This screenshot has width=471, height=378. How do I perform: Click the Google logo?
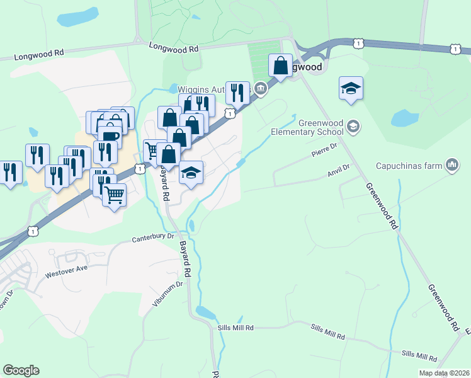21,370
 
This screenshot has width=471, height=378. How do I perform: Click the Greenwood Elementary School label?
307,128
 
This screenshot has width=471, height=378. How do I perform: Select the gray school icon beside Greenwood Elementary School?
354,127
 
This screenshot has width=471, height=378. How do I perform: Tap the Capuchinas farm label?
409,166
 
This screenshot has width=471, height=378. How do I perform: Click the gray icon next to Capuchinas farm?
451,166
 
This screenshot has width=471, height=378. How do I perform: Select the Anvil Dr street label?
338,169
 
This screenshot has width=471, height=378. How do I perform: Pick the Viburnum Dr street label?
169,294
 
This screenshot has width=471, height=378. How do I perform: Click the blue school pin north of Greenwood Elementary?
351,89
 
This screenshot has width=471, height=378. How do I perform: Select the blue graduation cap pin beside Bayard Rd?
191,173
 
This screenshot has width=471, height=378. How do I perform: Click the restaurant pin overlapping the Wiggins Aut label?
237,93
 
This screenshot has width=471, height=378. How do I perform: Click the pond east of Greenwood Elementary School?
404,118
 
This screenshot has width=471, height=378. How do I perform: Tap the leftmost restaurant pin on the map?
9,173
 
